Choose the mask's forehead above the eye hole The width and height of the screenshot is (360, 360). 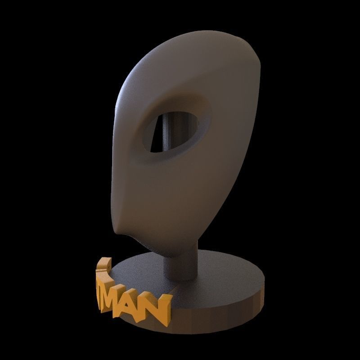click(180, 81)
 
